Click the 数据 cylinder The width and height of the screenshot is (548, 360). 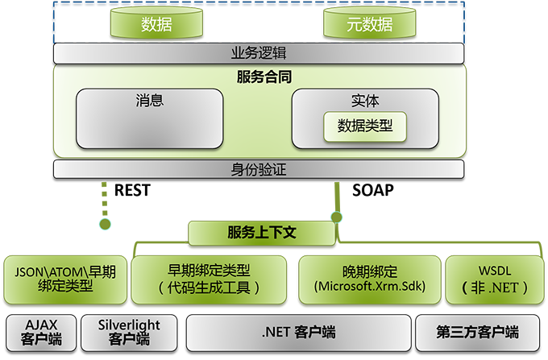coord(156,24)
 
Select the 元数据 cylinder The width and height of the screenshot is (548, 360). coord(370,24)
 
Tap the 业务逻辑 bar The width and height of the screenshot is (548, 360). coord(259,53)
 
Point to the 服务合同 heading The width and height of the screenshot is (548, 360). coord(264,77)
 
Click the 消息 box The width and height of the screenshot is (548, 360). coord(150,118)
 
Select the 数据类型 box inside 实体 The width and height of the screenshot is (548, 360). coord(365,126)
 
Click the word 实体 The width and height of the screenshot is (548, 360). coord(365,101)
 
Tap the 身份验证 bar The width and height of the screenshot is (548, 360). coord(259,169)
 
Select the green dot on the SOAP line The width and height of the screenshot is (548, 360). coord(336,217)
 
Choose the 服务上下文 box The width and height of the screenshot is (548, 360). coord(262,234)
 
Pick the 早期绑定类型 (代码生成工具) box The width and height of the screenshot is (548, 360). coord(209,279)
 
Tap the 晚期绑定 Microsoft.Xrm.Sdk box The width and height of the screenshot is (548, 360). coord(369,279)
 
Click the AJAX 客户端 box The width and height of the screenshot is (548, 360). coord(40,332)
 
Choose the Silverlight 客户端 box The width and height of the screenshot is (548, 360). coord(129,332)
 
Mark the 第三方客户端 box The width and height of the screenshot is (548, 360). coord(478,332)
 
